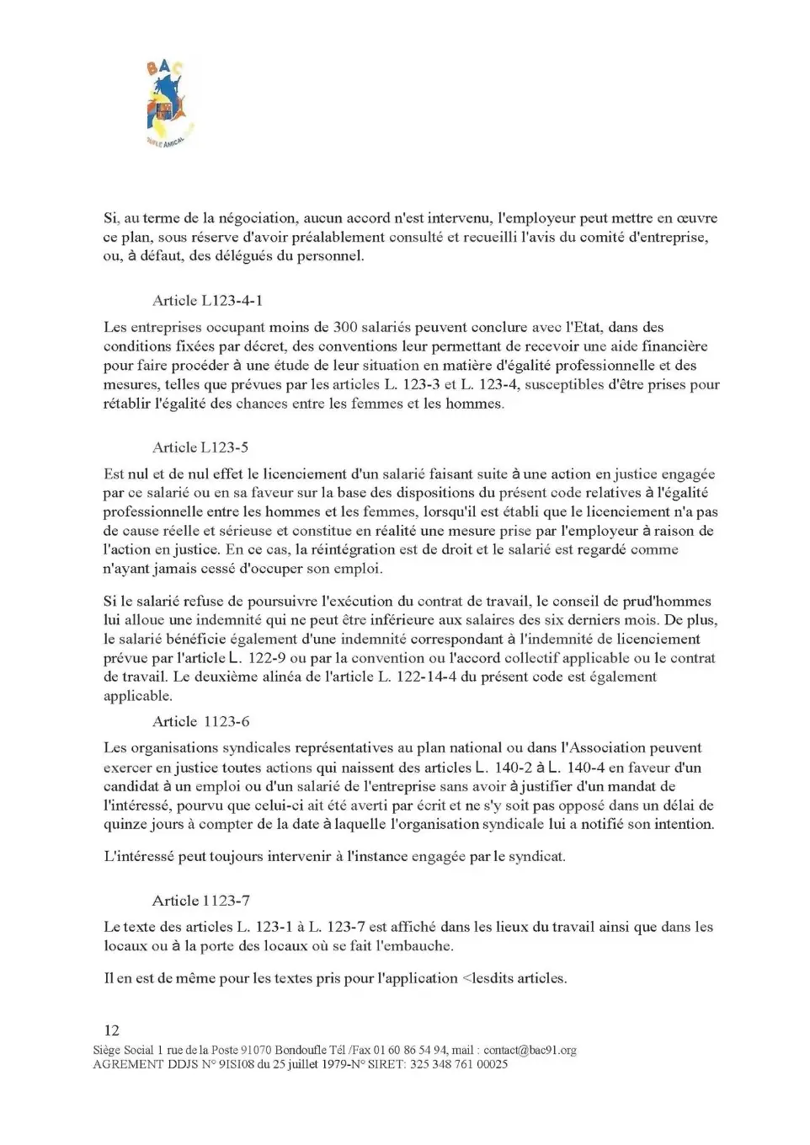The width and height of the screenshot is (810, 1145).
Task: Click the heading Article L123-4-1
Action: [209, 301]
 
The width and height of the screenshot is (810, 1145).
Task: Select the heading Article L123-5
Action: [200, 447]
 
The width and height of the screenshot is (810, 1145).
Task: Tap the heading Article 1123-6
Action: [200, 721]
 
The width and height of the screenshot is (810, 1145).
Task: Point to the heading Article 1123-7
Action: [200, 901]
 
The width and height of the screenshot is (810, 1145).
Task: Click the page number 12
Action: [111, 1030]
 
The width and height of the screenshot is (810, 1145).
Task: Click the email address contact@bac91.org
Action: [530, 1050]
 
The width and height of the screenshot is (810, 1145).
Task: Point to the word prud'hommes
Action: [667, 602]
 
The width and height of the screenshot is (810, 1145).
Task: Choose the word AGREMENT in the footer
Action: [128, 1064]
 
